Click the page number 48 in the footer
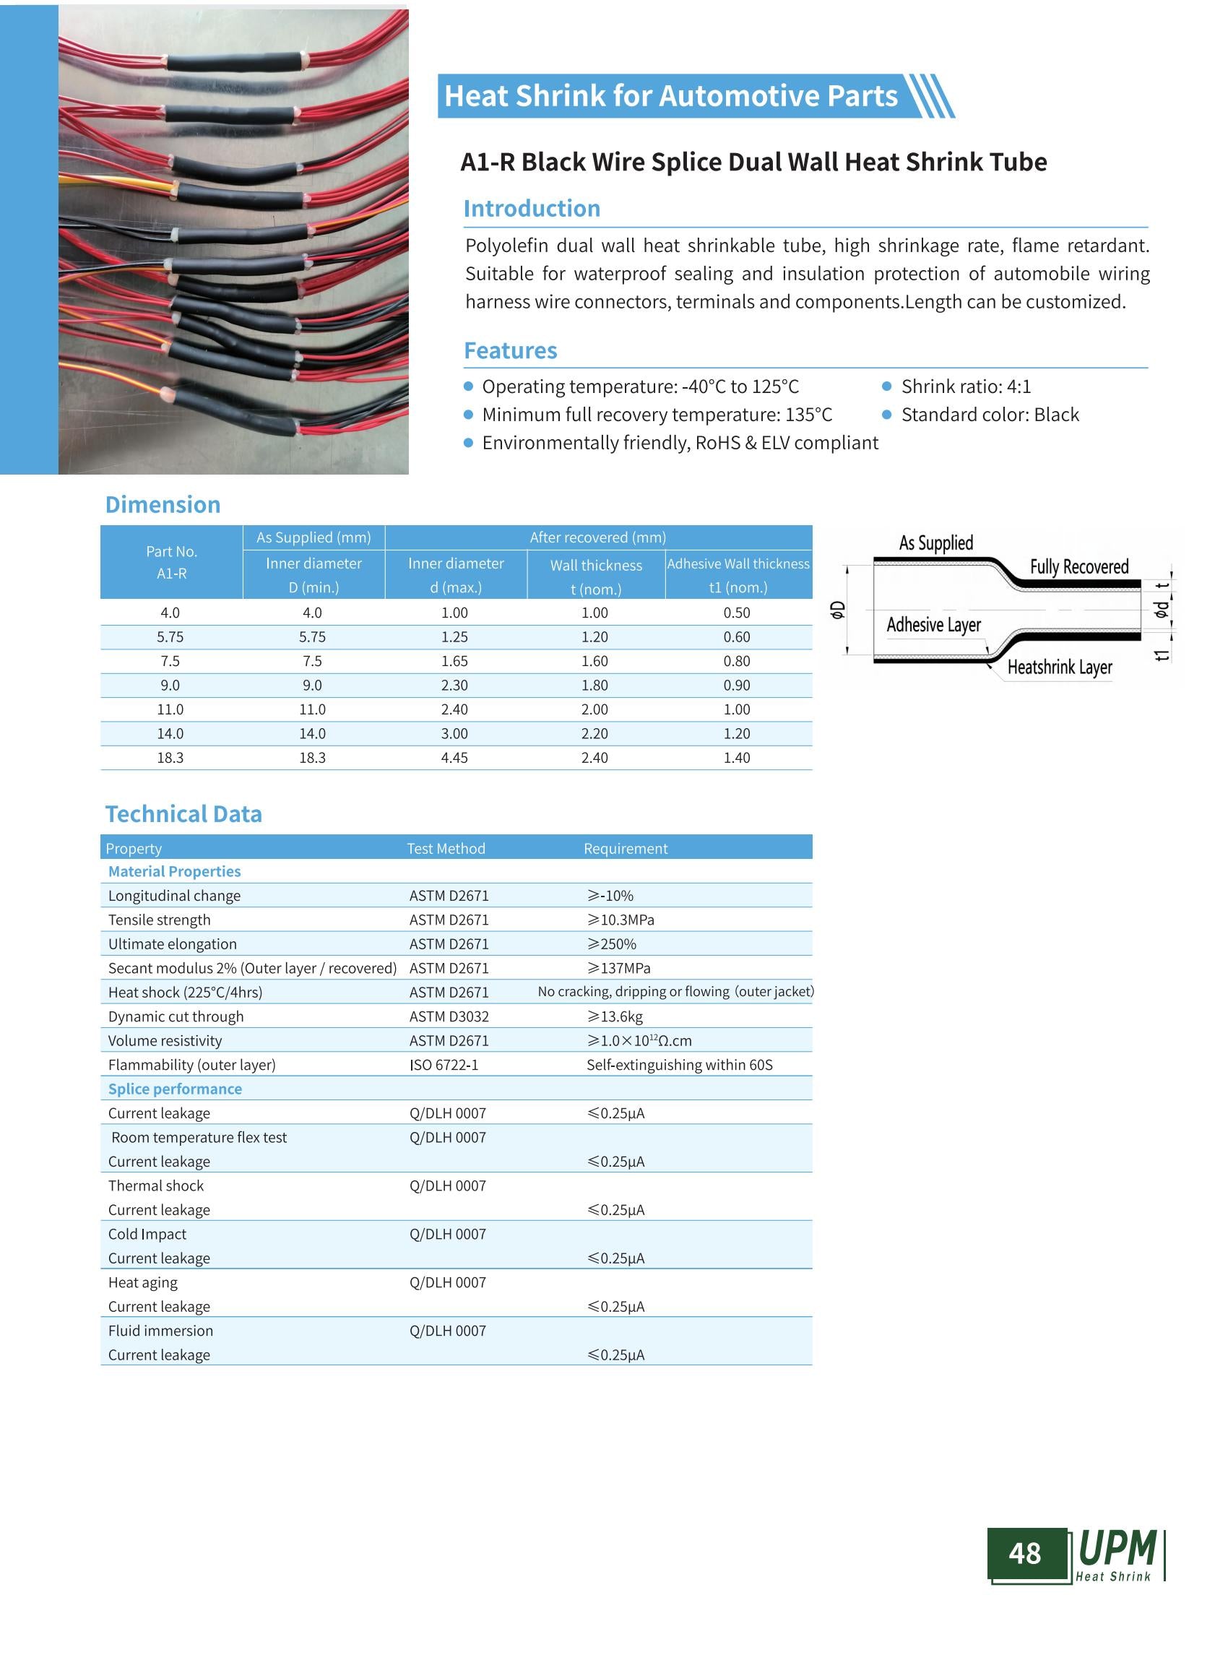[x=1024, y=1553]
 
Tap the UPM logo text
[x=1117, y=1549]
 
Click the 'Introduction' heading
[x=532, y=208]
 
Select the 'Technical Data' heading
[x=183, y=813]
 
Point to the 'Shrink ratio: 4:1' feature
[x=966, y=386]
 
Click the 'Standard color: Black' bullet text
[x=990, y=415]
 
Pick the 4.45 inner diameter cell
[x=454, y=758]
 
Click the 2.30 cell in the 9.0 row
[x=454, y=685]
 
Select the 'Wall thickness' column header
[x=595, y=566]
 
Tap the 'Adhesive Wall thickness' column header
[x=738, y=564]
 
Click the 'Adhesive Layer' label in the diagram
[x=933, y=625]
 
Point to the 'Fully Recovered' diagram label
[x=1078, y=566]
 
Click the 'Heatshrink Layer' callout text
[x=1059, y=667]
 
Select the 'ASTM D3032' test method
[x=449, y=1016]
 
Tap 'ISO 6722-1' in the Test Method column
[x=444, y=1065]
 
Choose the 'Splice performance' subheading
[x=175, y=1089]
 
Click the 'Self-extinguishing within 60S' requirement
[x=680, y=1065]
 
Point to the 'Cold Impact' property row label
[x=147, y=1234]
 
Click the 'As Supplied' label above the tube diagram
[x=936, y=543]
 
